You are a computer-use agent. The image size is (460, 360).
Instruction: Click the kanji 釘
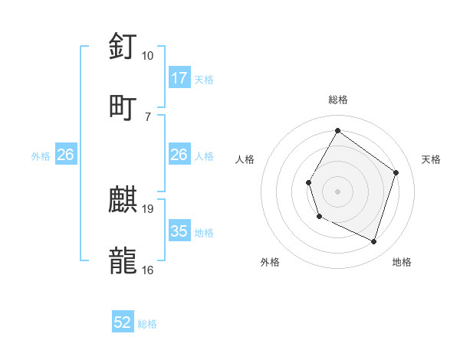pos(123,47)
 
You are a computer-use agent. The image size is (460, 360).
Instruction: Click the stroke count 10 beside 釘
pos(147,56)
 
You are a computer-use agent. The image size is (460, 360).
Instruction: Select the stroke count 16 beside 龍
pos(148,270)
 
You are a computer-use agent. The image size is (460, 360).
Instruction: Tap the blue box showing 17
pos(179,78)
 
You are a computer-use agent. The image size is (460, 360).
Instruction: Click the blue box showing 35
pos(179,231)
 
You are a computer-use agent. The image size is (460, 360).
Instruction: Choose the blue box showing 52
pos(123,322)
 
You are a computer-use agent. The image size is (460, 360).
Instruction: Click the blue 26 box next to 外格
pos(65,155)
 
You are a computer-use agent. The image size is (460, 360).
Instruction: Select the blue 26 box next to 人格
pos(179,155)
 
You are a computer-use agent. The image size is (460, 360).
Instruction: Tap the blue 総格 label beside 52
pos(147,324)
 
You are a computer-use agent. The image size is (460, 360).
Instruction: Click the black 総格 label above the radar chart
pos(338,100)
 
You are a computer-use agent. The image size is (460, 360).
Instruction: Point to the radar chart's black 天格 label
pos(431,159)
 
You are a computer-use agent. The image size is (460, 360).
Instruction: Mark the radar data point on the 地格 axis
pos(374,242)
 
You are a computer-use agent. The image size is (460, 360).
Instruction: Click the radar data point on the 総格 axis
pos(337,130)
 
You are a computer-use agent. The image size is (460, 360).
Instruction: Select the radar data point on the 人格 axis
pos(308,182)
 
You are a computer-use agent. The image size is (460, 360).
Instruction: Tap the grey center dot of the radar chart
pos(337,191)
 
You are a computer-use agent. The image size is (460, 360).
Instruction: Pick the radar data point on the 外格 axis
pos(320,217)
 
